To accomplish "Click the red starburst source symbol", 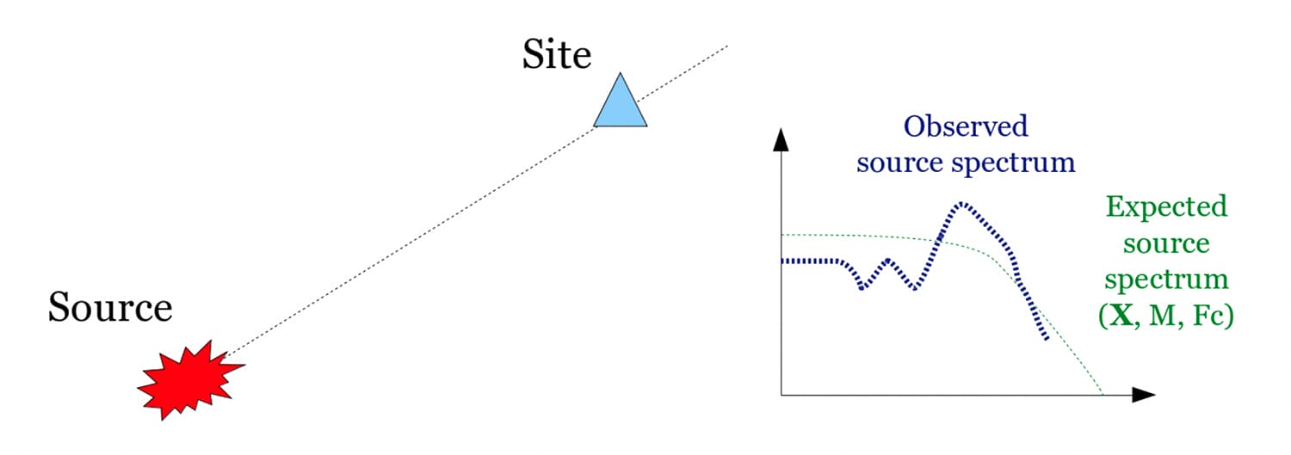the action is coord(190,380).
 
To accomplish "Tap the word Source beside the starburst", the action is coord(110,307).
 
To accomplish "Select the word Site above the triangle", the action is coord(557,55).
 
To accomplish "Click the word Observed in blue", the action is coord(966,126).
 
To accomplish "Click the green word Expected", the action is coord(1166,207).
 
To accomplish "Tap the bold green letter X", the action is coord(1121,315).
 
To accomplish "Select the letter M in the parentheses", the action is coord(1162,315).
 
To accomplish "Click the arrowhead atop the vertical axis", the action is coord(781,140).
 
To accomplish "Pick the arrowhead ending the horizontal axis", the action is coord(1144,395).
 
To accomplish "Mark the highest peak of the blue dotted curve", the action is coord(961,203).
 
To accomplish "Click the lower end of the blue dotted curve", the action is coord(1047,339).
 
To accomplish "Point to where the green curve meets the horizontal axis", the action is coord(1103,395).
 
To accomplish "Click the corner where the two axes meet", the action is coord(781,395).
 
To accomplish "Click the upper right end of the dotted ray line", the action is coord(727,46).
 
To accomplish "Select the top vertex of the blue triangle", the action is coord(621,72).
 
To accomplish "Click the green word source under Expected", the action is coord(1166,243).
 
